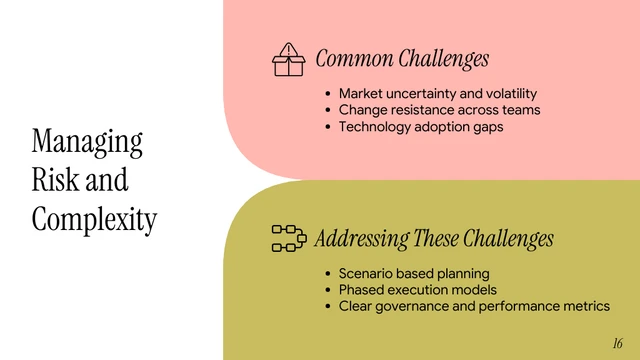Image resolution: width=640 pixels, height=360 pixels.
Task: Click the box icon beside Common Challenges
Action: tap(288, 60)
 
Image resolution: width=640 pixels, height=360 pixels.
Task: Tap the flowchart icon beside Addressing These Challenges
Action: tap(289, 238)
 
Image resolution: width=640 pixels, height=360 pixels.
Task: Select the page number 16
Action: tap(618, 342)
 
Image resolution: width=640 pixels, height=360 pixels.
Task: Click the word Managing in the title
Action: tap(87, 141)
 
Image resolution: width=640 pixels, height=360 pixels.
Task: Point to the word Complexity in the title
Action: tap(94, 218)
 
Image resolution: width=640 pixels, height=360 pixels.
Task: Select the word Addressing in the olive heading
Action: tap(361, 239)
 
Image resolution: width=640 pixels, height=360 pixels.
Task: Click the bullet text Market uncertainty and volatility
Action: tap(438, 93)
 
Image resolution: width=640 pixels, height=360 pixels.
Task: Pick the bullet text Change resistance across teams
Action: tap(439, 110)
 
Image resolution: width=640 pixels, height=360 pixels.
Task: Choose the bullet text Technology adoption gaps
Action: tap(421, 127)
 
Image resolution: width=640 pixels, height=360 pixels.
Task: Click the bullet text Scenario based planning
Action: tap(414, 273)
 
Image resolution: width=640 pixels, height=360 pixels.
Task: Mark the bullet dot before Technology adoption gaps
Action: tap(328, 127)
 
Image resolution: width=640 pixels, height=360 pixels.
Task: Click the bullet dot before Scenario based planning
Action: tap(328, 273)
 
